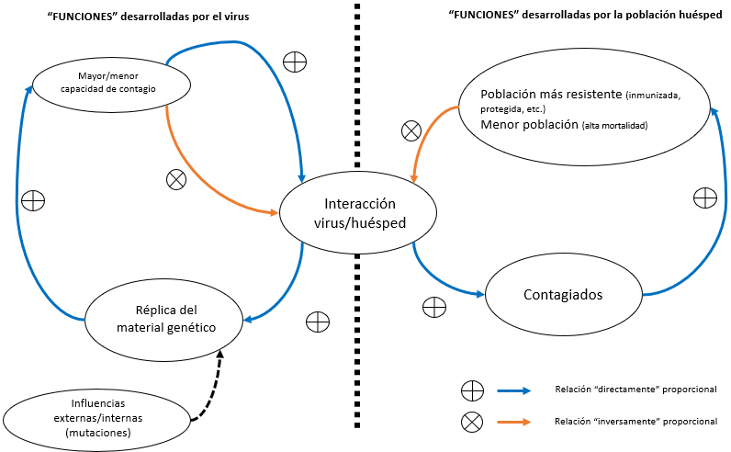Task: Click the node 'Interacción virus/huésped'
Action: pos(347,213)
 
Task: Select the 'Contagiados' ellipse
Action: pos(563,295)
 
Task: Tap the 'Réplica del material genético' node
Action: pos(164,318)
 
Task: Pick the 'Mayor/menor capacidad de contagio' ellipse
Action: pos(110,83)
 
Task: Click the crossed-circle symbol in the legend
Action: pos(471,422)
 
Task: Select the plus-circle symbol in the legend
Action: pos(471,390)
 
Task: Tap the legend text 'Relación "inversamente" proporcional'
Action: pos(635,422)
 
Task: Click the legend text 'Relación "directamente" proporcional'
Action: pos(635,390)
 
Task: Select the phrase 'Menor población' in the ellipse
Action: pos(529,123)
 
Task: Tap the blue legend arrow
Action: pos(513,390)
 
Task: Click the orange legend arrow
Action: pos(513,422)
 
